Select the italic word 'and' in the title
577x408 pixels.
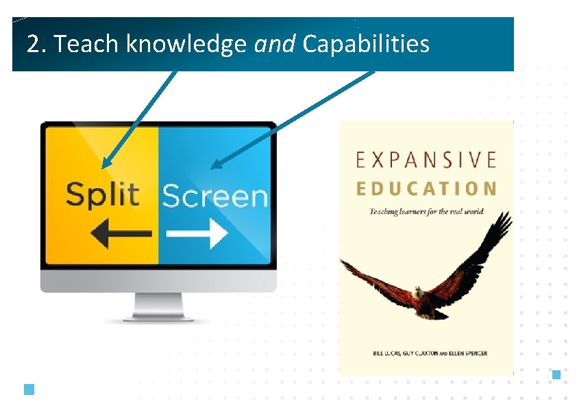coord(274,45)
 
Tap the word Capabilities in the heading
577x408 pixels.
coord(366,45)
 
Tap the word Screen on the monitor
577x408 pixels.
coord(214,196)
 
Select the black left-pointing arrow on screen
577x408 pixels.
coord(122,234)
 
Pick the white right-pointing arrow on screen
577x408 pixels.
coord(197,234)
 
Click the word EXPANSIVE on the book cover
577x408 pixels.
coord(426,160)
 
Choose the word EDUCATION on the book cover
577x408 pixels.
coord(426,189)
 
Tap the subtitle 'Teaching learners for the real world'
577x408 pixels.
coord(426,211)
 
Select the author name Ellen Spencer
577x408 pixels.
coord(469,353)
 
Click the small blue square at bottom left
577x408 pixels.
coord(29,389)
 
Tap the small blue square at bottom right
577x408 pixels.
coord(556,374)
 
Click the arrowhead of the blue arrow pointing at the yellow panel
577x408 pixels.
coord(105,165)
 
